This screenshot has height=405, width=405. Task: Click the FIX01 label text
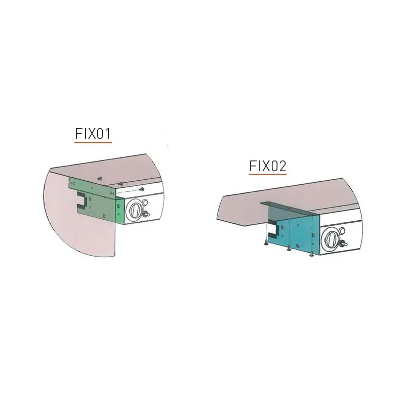(93, 134)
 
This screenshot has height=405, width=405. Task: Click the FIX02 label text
(268, 166)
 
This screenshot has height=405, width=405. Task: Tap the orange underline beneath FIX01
(93, 143)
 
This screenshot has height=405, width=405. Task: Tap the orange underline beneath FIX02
(268, 175)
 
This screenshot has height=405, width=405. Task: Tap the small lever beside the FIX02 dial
(344, 245)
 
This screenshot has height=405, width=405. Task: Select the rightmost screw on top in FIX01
(142, 189)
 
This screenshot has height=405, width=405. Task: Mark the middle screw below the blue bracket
(289, 248)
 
